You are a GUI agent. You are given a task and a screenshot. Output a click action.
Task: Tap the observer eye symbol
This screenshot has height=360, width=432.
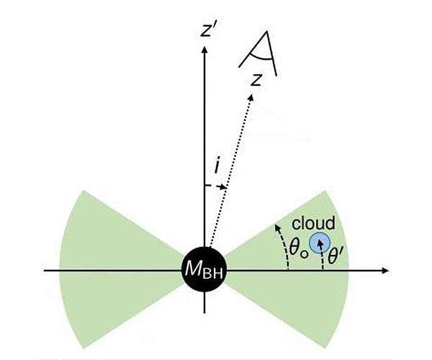point(258,53)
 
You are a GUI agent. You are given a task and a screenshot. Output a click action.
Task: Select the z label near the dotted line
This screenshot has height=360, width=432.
point(256,80)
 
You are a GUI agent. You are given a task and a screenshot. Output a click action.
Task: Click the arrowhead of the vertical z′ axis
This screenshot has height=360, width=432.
point(204,50)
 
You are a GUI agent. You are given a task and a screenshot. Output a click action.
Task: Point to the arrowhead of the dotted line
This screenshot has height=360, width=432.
point(251,97)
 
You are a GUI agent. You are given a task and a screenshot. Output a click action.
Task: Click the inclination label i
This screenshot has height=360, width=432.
point(217,166)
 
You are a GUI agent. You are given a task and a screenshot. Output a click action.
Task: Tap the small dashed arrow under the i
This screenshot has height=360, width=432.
point(215,186)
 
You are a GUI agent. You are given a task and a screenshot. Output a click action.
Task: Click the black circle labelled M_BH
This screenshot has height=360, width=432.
point(204,269)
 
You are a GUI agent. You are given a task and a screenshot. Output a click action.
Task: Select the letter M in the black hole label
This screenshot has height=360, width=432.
point(193,269)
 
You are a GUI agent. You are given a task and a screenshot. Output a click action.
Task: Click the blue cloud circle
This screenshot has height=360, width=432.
point(320,243)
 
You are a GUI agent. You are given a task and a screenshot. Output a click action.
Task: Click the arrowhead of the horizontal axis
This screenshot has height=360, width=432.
point(385,271)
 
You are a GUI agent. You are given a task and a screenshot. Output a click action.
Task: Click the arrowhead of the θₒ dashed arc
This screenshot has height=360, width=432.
point(278,228)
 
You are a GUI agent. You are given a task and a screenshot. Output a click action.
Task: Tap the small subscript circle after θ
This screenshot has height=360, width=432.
point(304,254)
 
